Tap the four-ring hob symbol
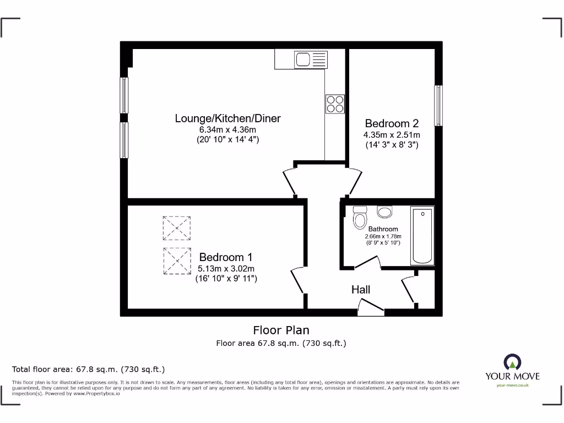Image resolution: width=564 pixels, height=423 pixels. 335,104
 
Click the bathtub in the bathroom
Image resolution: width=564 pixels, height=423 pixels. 422,236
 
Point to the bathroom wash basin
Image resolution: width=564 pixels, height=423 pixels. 384,212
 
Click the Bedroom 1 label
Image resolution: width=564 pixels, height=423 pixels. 225,257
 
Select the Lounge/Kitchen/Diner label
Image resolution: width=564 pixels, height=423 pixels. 227,118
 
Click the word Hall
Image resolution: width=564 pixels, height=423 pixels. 361,290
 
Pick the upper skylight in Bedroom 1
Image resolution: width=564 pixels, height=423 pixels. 176,228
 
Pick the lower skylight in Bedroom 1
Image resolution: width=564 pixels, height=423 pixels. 176,261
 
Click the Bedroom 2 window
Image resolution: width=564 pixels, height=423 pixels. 438,106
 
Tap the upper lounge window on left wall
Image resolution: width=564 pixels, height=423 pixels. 124,95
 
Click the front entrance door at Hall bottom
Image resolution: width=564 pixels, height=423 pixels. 371,308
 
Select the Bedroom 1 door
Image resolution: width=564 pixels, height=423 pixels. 297,281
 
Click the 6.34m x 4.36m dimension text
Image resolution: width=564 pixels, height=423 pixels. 227,130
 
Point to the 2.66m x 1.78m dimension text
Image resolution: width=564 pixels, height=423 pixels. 383,236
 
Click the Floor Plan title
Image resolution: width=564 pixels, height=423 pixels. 281,330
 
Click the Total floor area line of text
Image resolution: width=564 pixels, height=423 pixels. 88,369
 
